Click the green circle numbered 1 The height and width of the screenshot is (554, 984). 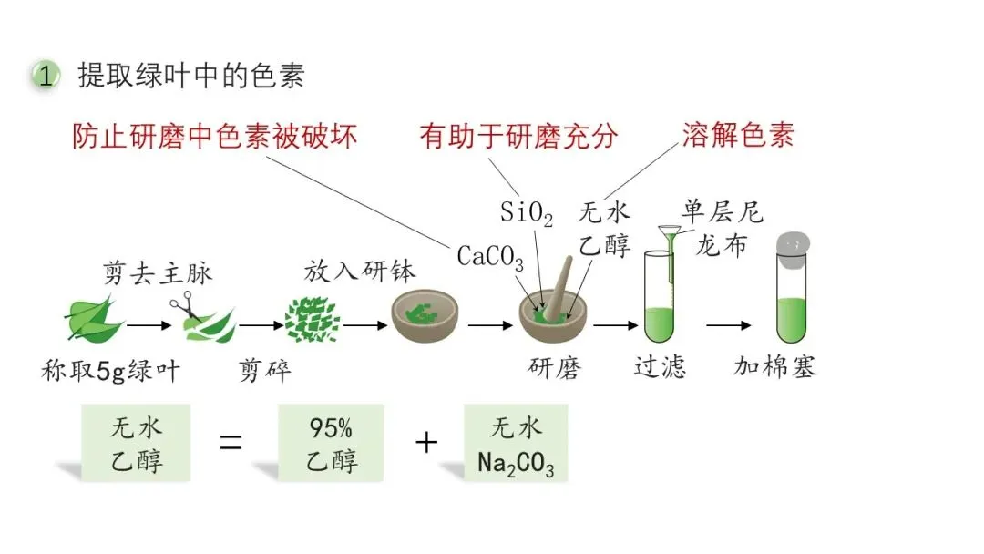(45, 76)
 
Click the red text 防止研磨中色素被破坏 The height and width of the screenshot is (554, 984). (214, 136)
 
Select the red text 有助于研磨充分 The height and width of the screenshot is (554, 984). (518, 136)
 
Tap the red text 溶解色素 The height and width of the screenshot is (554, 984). (738, 134)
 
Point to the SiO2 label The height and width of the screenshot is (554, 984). (527, 213)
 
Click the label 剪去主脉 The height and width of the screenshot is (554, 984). (158, 272)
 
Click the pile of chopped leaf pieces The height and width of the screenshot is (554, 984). (312, 319)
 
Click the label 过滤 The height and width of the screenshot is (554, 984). (660, 367)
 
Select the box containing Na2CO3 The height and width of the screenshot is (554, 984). (515, 444)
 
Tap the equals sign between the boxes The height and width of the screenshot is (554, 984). (232, 444)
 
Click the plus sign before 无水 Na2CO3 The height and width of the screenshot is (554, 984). (425, 444)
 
